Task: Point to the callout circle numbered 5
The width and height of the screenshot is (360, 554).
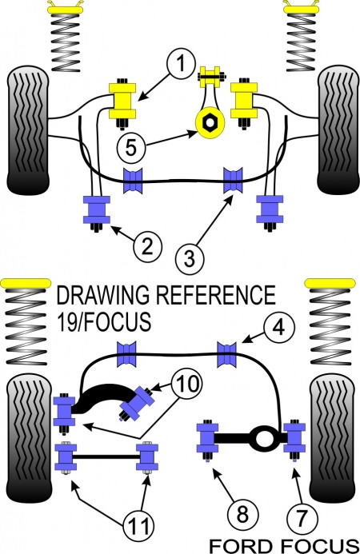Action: tap(131, 145)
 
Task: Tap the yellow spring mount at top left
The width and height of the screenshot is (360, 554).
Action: tap(66, 10)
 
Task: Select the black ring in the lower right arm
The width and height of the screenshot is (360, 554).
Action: tap(261, 438)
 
